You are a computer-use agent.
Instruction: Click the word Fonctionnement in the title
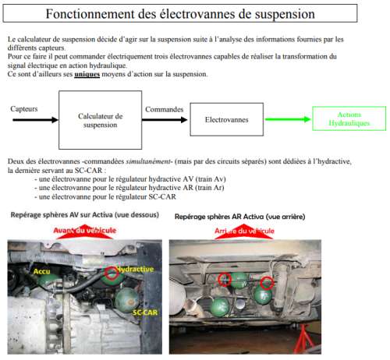[90, 14]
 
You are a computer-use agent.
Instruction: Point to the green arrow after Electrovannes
[288, 119]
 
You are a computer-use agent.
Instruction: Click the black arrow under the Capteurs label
[35, 120]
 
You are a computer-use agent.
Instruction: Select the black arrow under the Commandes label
[165, 120]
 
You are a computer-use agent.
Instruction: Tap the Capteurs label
[24, 109]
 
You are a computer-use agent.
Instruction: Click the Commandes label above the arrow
[164, 109]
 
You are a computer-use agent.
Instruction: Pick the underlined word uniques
[87, 74]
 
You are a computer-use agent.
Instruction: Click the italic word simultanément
[149, 161]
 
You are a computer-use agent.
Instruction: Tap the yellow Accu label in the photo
[41, 271]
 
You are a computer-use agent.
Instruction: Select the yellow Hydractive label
[135, 269]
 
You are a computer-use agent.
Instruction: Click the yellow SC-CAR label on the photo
[145, 312]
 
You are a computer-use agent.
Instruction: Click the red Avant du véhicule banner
[85, 231]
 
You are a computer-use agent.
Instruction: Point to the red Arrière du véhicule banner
[244, 231]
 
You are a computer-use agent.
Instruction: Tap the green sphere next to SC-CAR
[127, 300]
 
